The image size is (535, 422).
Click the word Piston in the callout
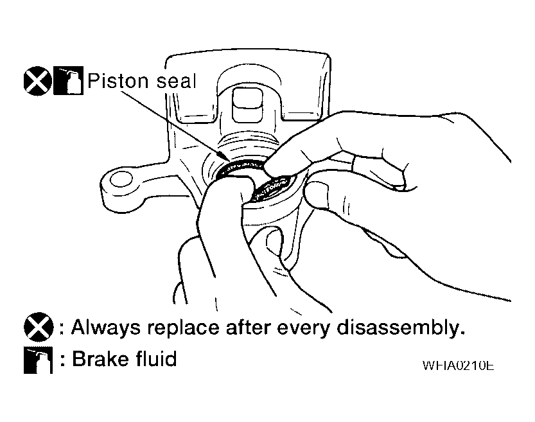pos(118,82)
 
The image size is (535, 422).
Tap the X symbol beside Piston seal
pos(37,81)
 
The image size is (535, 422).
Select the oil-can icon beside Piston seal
pos(68,80)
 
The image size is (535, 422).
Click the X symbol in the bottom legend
pos(39,327)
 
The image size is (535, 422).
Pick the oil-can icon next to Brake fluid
pos(39,360)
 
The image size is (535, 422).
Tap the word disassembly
pos(401,328)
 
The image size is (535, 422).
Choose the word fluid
pos(156,358)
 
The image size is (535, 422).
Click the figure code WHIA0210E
pos(458,365)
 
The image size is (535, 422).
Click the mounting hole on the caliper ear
pos(121,179)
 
